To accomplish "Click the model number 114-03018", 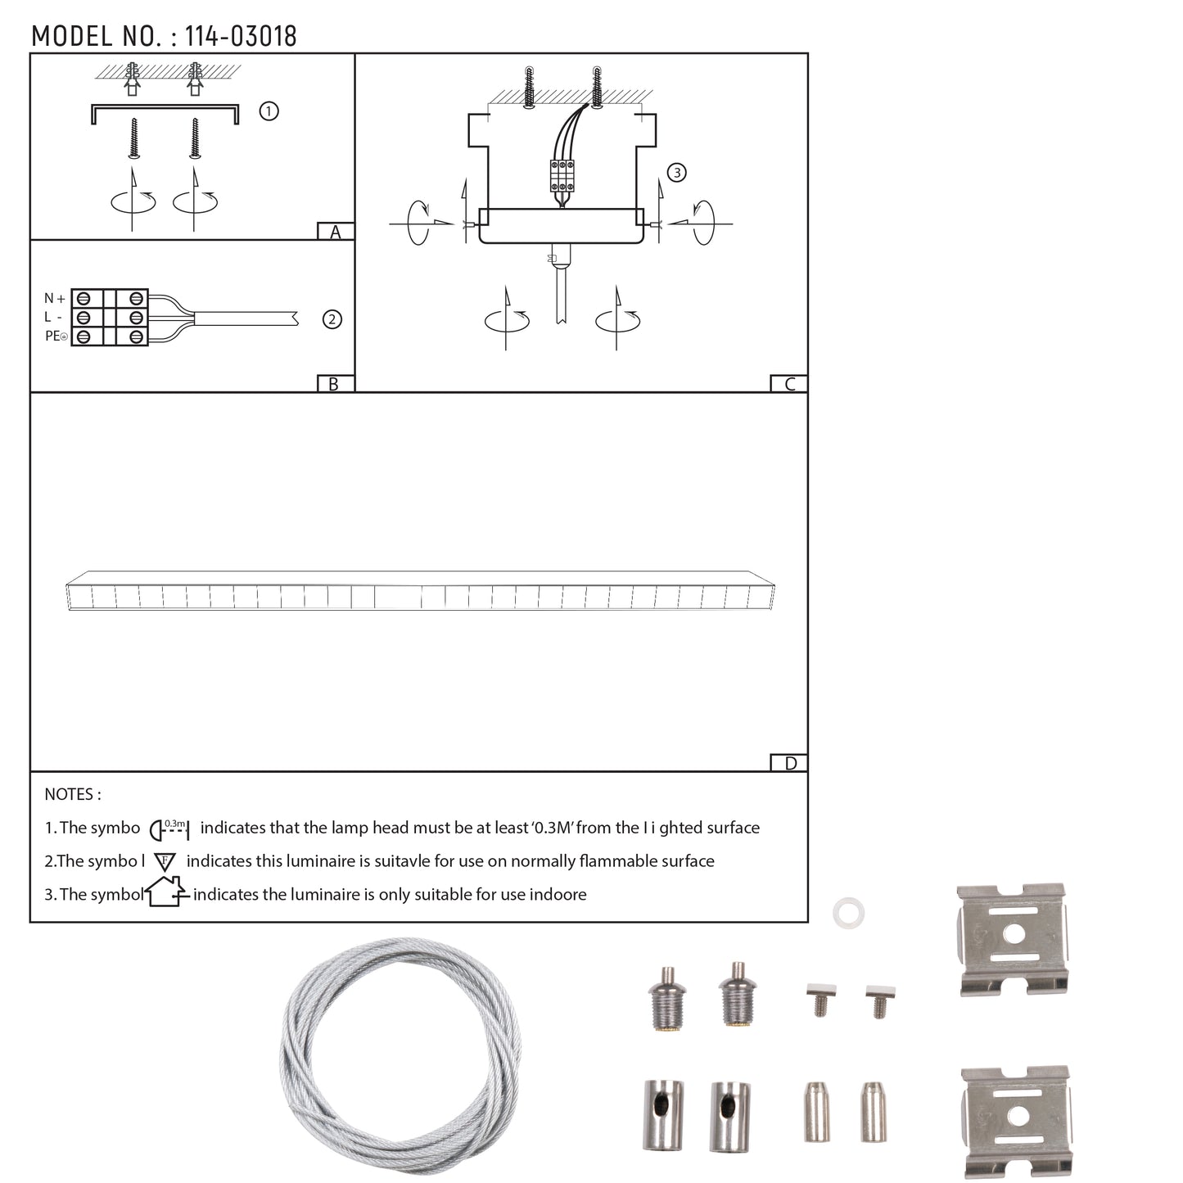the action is (241, 37).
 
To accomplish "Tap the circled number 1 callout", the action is (269, 111).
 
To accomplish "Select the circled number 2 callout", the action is (332, 319).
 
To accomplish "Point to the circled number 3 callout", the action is (676, 173).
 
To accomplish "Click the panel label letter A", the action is (335, 232).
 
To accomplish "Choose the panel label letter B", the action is (333, 384).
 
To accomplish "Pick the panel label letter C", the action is (789, 384).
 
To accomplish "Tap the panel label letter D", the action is (791, 763).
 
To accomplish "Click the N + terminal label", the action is (54, 298).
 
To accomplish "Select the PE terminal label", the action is (55, 336).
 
